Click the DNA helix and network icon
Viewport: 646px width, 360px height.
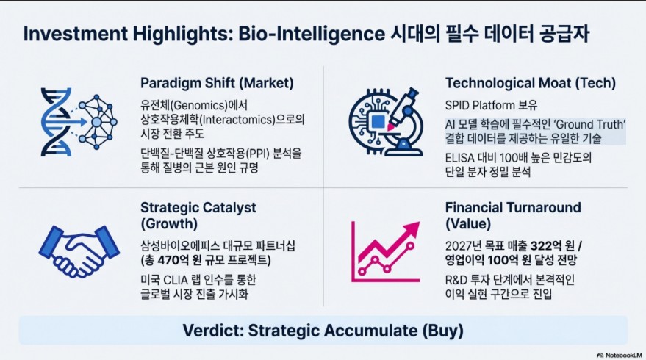79,122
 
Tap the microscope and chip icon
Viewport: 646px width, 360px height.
386,122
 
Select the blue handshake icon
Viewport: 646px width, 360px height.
79,251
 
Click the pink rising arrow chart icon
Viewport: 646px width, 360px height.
386,252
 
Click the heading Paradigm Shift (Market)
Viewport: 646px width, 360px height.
217,83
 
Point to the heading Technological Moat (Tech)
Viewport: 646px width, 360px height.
531,83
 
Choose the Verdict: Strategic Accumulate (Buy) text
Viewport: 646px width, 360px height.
323,331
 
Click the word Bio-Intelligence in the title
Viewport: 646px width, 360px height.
312,34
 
